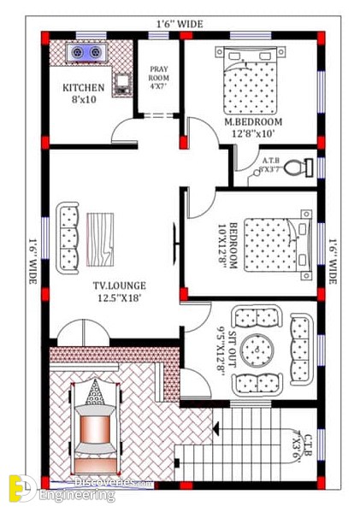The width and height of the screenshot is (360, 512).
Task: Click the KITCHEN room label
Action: coord(84,87)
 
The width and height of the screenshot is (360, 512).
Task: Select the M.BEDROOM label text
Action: coord(253,122)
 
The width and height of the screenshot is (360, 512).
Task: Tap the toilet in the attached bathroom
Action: coord(296,167)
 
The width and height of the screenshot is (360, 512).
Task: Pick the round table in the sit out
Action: coord(257,350)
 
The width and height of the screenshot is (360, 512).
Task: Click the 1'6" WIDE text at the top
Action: coord(179,24)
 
